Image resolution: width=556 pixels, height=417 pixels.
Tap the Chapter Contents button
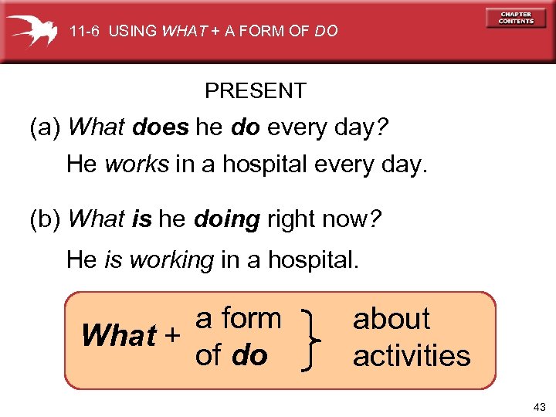click(516, 18)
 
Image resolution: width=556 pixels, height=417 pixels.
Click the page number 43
click(538, 406)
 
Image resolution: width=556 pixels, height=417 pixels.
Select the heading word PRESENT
click(255, 91)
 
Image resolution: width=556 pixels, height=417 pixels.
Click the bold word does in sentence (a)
click(160, 127)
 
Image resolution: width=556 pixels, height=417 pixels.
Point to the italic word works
click(136, 164)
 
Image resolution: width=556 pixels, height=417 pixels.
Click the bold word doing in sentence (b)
click(226, 220)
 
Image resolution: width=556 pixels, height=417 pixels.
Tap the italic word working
click(172, 259)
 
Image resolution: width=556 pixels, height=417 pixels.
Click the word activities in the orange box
click(412, 356)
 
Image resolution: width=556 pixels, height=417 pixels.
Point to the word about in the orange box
click(392, 319)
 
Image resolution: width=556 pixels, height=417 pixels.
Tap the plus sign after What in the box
click(173, 336)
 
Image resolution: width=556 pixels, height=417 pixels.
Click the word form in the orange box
click(251, 318)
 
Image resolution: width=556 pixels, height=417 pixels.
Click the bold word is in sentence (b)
click(141, 220)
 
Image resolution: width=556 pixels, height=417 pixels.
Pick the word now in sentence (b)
click(344, 220)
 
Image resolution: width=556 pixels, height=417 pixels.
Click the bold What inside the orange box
click(119, 337)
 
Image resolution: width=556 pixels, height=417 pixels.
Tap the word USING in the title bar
click(132, 32)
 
